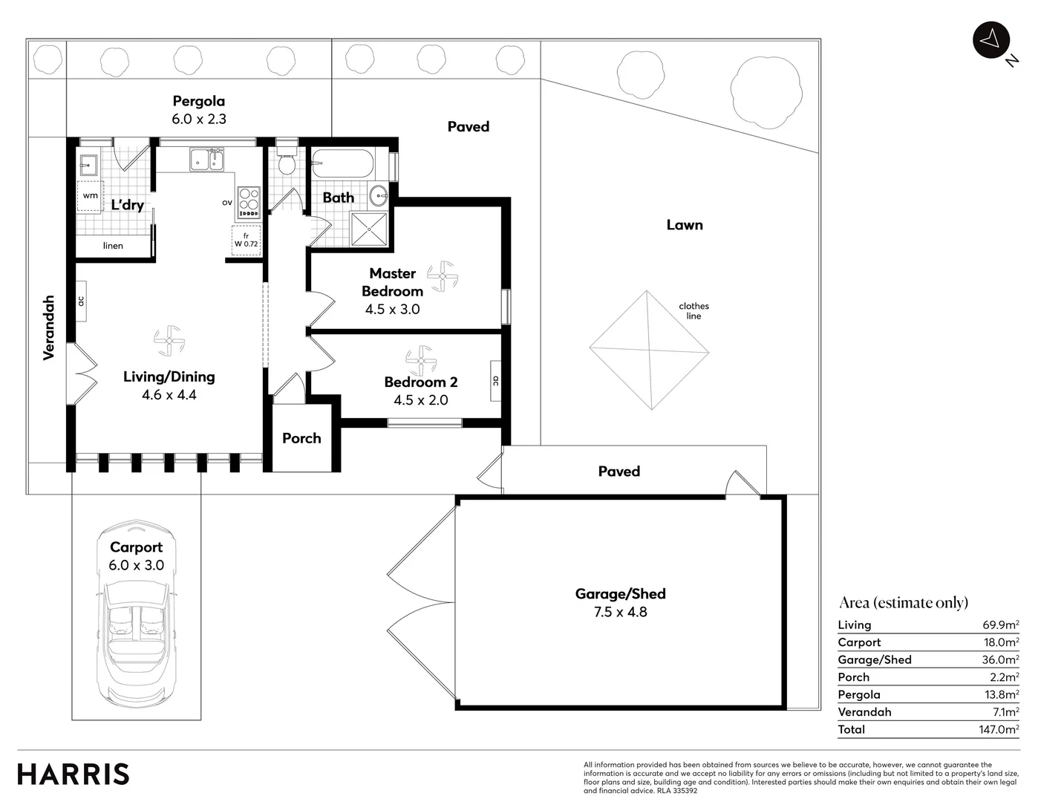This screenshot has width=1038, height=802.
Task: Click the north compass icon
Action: pos(990,39)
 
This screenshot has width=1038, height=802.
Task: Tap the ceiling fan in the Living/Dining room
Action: pos(169,342)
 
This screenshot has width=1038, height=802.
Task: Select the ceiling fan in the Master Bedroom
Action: pos(443,276)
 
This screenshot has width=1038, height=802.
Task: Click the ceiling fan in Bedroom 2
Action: pos(421,361)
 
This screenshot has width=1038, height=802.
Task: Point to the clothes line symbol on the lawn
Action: pos(649,350)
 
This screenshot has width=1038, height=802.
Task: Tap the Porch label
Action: pos(301,438)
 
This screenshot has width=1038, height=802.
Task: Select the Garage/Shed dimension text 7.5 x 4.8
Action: pos(620,612)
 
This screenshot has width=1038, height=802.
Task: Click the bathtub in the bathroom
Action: pos(342,163)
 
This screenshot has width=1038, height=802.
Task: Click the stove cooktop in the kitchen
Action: pos(249,201)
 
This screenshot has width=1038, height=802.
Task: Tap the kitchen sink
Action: pos(207,160)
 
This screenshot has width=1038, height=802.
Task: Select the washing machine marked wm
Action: pos(91,195)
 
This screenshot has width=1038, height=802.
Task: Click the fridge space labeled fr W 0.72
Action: pos(246,240)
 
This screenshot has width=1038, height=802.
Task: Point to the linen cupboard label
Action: pos(113,246)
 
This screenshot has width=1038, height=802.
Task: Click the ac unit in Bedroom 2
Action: pos(495,381)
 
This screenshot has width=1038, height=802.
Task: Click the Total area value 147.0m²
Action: pos(998,729)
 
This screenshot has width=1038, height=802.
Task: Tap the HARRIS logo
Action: pos(74,774)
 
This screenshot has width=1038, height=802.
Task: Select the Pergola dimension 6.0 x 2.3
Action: pos(199,119)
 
